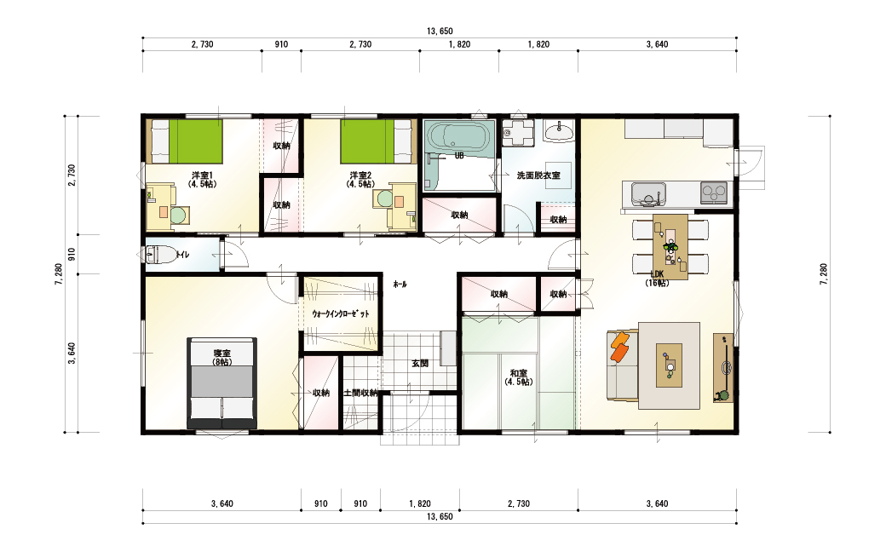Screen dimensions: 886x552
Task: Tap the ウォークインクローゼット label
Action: pos(341,313)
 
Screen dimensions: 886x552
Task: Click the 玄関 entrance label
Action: pos(420,363)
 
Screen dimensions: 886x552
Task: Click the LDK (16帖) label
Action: pos(657,279)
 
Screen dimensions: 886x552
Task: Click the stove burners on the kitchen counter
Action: pos(714,193)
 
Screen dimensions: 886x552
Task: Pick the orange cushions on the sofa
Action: pos(620,345)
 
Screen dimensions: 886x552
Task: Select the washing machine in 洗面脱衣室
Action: pos(518,134)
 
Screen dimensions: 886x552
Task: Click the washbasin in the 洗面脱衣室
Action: pos(558,132)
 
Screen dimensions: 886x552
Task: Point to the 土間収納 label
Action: pos(360,393)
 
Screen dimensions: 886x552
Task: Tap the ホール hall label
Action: pos(400,285)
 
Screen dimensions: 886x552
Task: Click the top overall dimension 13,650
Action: pos(440,31)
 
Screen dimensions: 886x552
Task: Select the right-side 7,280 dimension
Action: pos(823,274)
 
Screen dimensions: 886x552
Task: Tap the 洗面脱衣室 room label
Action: pos(538,175)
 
